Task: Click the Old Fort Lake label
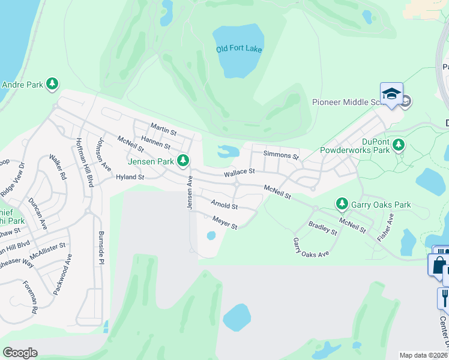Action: pos(239,49)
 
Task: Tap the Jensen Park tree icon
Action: pos(183,161)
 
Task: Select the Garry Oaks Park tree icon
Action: pos(342,205)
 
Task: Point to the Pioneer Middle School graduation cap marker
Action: pos(391,94)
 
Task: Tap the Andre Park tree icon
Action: pos(53,85)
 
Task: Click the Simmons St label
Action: pos(281,156)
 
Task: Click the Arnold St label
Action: pos(224,205)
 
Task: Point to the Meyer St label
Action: pos(225,223)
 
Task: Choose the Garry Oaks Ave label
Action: pos(310,247)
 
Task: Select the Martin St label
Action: pos(163,129)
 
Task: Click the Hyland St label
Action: pos(130,178)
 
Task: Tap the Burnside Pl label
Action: pos(101,247)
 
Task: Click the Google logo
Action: pos(20,353)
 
